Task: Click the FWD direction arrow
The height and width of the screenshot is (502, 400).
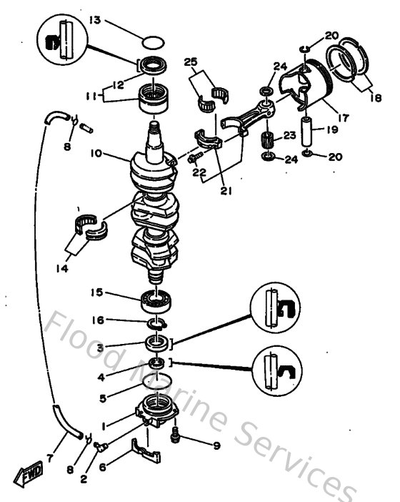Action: click(x=28, y=473)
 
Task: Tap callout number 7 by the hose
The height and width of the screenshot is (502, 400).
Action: click(x=51, y=456)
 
